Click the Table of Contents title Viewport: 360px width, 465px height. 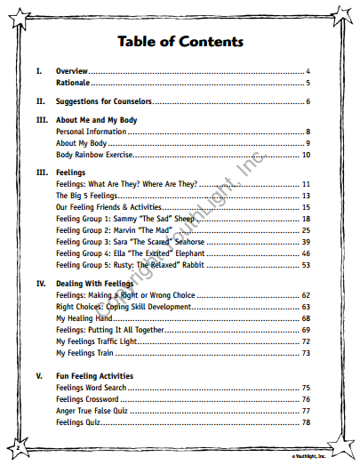pyautogui.click(x=179, y=42)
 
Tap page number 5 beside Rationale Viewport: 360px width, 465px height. pyautogui.click(x=307, y=83)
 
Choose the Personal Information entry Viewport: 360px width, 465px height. pyautogui.click(x=91, y=132)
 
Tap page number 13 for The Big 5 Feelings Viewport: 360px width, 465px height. pyautogui.click(x=305, y=196)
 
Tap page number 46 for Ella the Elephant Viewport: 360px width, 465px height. pyautogui.click(x=305, y=253)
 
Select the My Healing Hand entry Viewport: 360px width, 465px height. pyautogui.click(x=84, y=317)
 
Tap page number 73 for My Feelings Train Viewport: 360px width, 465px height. pyautogui.click(x=305, y=353)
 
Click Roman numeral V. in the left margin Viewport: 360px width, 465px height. pyautogui.click(x=39, y=376)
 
